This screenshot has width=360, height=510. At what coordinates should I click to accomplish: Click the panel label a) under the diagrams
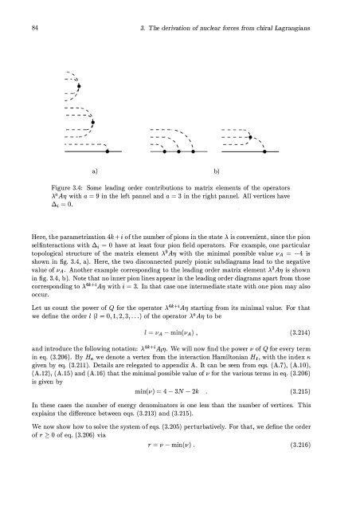(x=95, y=171)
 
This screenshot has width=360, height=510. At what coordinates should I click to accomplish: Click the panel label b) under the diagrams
(x=216, y=171)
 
